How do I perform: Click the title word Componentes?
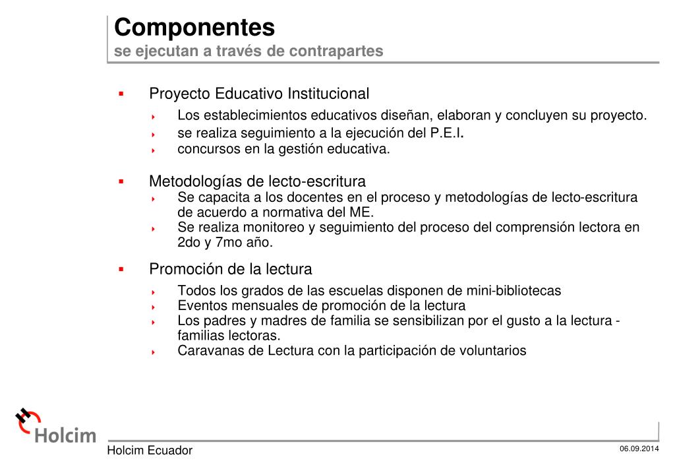click(x=194, y=28)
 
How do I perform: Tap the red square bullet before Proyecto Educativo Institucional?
click(x=121, y=94)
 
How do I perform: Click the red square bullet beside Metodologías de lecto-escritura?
click(x=121, y=181)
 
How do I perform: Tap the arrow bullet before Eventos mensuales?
click(x=153, y=307)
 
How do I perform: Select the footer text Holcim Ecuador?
click(x=150, y=451)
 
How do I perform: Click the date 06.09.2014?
click(x=639, y=449)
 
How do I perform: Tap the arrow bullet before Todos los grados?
click(x=153, y=292)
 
